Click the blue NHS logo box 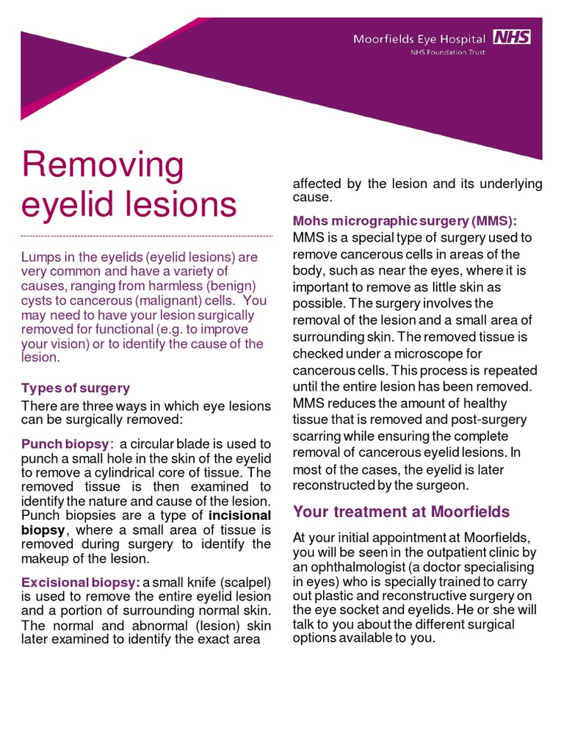(x=511, y=37)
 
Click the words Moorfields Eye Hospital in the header (x=419, y=39)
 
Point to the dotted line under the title (x=147, y=236)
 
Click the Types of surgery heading (x=76, y=388)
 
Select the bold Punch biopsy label (x=65, y=444)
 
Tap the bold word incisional (x=240, y=514)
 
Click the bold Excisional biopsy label (x=80, y=582)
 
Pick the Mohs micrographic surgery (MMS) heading (x=405, y=220)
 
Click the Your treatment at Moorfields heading (x=401, y=511)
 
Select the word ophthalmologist (x=361, y=567)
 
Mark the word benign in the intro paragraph (x=229, y=286)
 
